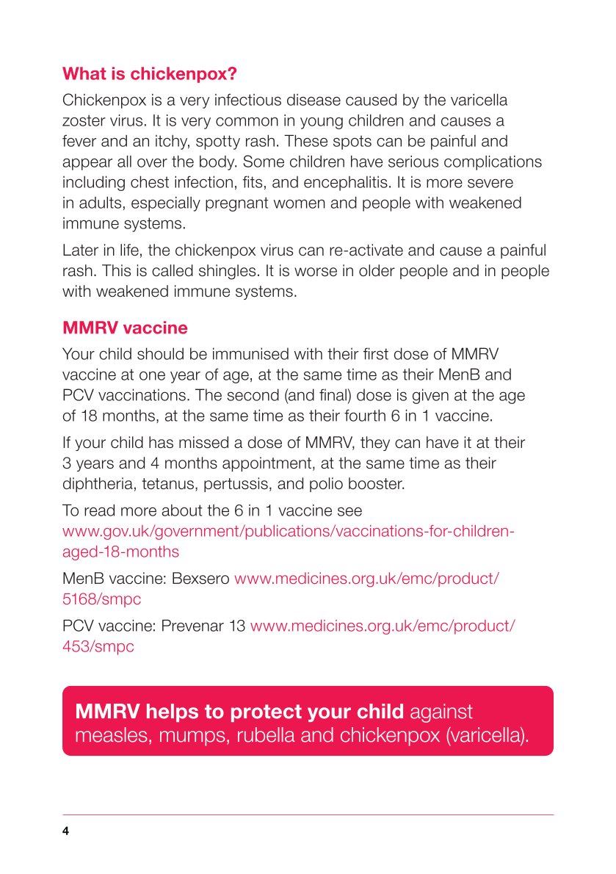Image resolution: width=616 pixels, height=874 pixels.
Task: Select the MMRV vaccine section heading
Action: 125,328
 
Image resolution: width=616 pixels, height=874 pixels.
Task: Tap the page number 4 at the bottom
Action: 65,831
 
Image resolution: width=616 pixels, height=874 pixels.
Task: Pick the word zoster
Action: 84,120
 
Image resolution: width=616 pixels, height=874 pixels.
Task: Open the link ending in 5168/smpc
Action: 101,599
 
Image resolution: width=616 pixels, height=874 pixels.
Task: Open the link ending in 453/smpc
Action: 98,647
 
